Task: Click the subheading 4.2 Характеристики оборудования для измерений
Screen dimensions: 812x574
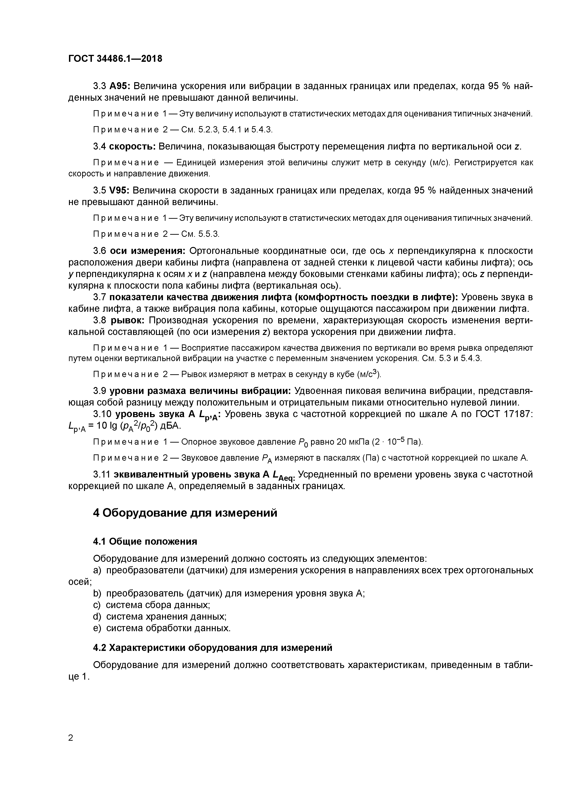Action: [x=212, y=648]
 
